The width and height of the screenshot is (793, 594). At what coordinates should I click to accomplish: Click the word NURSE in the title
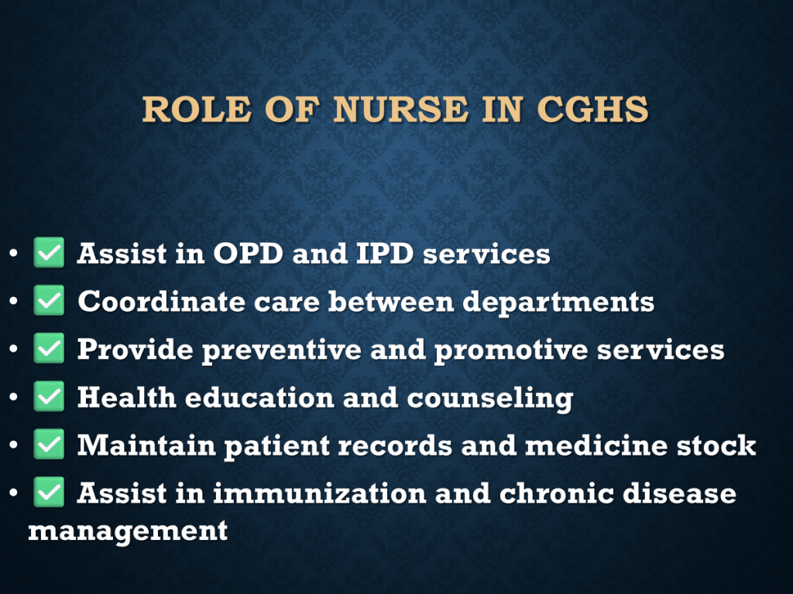(x=400, y=109)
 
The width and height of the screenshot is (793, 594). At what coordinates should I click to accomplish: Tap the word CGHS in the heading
(x=592, y=109)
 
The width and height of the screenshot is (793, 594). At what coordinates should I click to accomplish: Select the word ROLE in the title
(x=197, y=109)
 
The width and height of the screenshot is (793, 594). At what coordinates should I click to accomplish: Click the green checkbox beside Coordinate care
(x=49, y=301)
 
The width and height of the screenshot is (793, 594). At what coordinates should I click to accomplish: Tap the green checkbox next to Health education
(x=49, y=397)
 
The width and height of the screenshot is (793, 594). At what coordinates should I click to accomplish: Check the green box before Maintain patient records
(x=49, y=445)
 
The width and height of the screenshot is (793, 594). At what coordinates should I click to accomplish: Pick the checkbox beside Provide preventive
(x=49, y=349)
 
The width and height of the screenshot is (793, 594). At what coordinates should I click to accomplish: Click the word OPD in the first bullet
(x=248, y=253)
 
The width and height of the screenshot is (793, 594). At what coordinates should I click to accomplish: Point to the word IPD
(x=385, y=253)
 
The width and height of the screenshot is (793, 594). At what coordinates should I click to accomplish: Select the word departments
(x=558, y=302)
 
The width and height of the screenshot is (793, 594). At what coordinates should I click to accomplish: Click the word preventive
(x=282, y=350)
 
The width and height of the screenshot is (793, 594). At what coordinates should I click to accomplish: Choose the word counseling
(x=490, y=398)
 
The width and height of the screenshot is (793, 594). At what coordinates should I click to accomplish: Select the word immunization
(x=320, y=493)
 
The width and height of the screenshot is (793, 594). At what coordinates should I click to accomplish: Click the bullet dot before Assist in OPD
(x=14, y=253)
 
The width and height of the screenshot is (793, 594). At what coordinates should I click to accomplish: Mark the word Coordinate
(x=161, y=302)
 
